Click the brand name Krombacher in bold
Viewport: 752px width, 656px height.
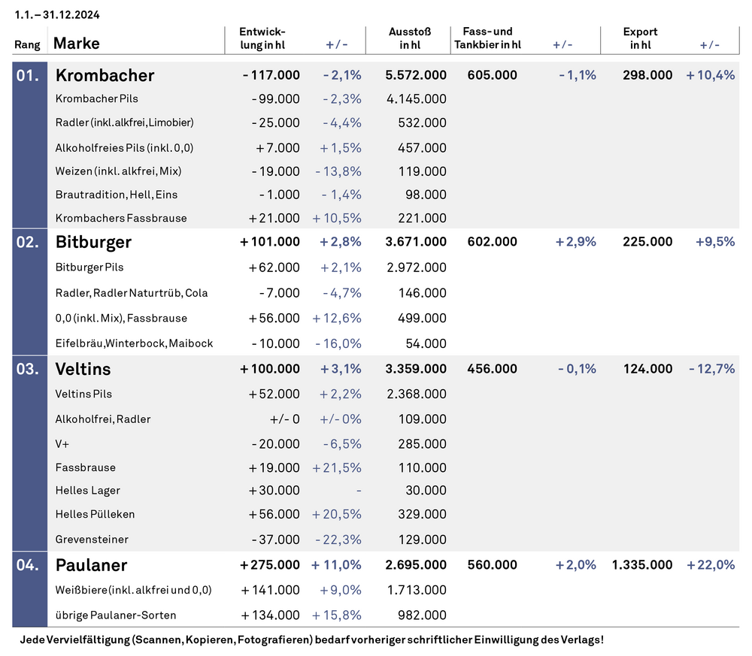[105, 75]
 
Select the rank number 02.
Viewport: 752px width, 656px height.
[28, 242]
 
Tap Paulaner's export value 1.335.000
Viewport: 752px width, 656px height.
[641, 565]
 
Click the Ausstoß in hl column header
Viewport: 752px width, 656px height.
[410, 38]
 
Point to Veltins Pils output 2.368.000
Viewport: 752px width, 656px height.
[417, 394]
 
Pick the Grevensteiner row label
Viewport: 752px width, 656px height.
[92, 540]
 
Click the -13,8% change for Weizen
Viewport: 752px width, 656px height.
[338, 171]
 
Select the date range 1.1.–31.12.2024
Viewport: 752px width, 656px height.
[57, 15]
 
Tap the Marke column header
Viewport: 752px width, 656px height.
[77, 43]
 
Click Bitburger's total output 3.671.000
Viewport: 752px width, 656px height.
[416, 242]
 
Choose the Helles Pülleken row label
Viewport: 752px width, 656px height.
[95, 514]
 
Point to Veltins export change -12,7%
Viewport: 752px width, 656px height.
[711, 369]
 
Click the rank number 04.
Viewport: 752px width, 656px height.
[28, 565]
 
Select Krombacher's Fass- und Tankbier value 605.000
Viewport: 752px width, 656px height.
[492, 75]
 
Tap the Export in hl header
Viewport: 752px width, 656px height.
[640, 38]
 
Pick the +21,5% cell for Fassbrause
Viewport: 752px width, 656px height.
[337, 467]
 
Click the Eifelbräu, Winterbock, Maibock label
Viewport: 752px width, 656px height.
[135, 343]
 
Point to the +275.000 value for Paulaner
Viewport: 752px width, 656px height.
[270, 565]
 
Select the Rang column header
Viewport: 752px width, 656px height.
[27, 45]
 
